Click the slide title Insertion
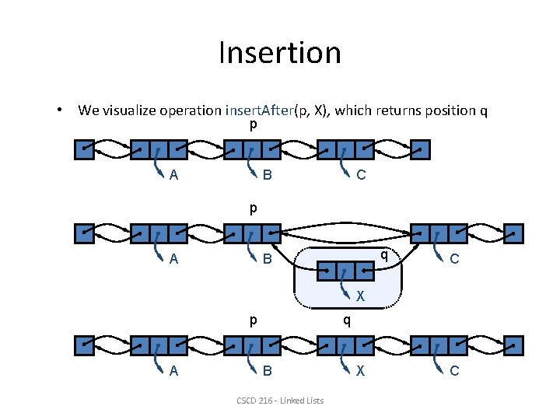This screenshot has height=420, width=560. pyautogui.click(x=279, y=53)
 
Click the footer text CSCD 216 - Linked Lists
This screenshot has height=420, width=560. pyautogui.click(x=280, y=401)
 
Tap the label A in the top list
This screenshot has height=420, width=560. pyautogui.click(x=173, y=175)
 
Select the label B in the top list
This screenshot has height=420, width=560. pyautogui.click(x=267, y=175)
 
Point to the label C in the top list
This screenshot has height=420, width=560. pyautogui.click(x=361, y=175)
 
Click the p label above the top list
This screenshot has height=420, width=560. pyautogui.click(x=253, y=124)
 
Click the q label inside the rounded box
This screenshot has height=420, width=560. pyautogui.click(x=383, y=254)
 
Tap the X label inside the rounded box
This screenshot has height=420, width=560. pyautogui.click(x=361, y=296)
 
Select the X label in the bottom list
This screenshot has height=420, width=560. pyautogui.click(x=361, y=371)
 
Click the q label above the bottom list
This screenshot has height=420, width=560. pyautogui.click(x=347, y=320)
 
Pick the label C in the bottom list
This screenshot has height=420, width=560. pyautogui.click(x=454, y=371)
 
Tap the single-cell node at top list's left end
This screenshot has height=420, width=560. pyautogui.click(x=84, y=149)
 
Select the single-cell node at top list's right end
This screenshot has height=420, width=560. pyautogui.click(x=420, y=149)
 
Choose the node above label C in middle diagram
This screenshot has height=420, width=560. pyautogui.click(x=439, y=233)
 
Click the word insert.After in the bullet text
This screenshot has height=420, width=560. pyautogui.click(x=260, y=110)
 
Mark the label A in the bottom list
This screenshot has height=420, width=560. pyautogui.click(x=173, y=371)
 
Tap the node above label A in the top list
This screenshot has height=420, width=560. pyautogui.click(x=159, y=149)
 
